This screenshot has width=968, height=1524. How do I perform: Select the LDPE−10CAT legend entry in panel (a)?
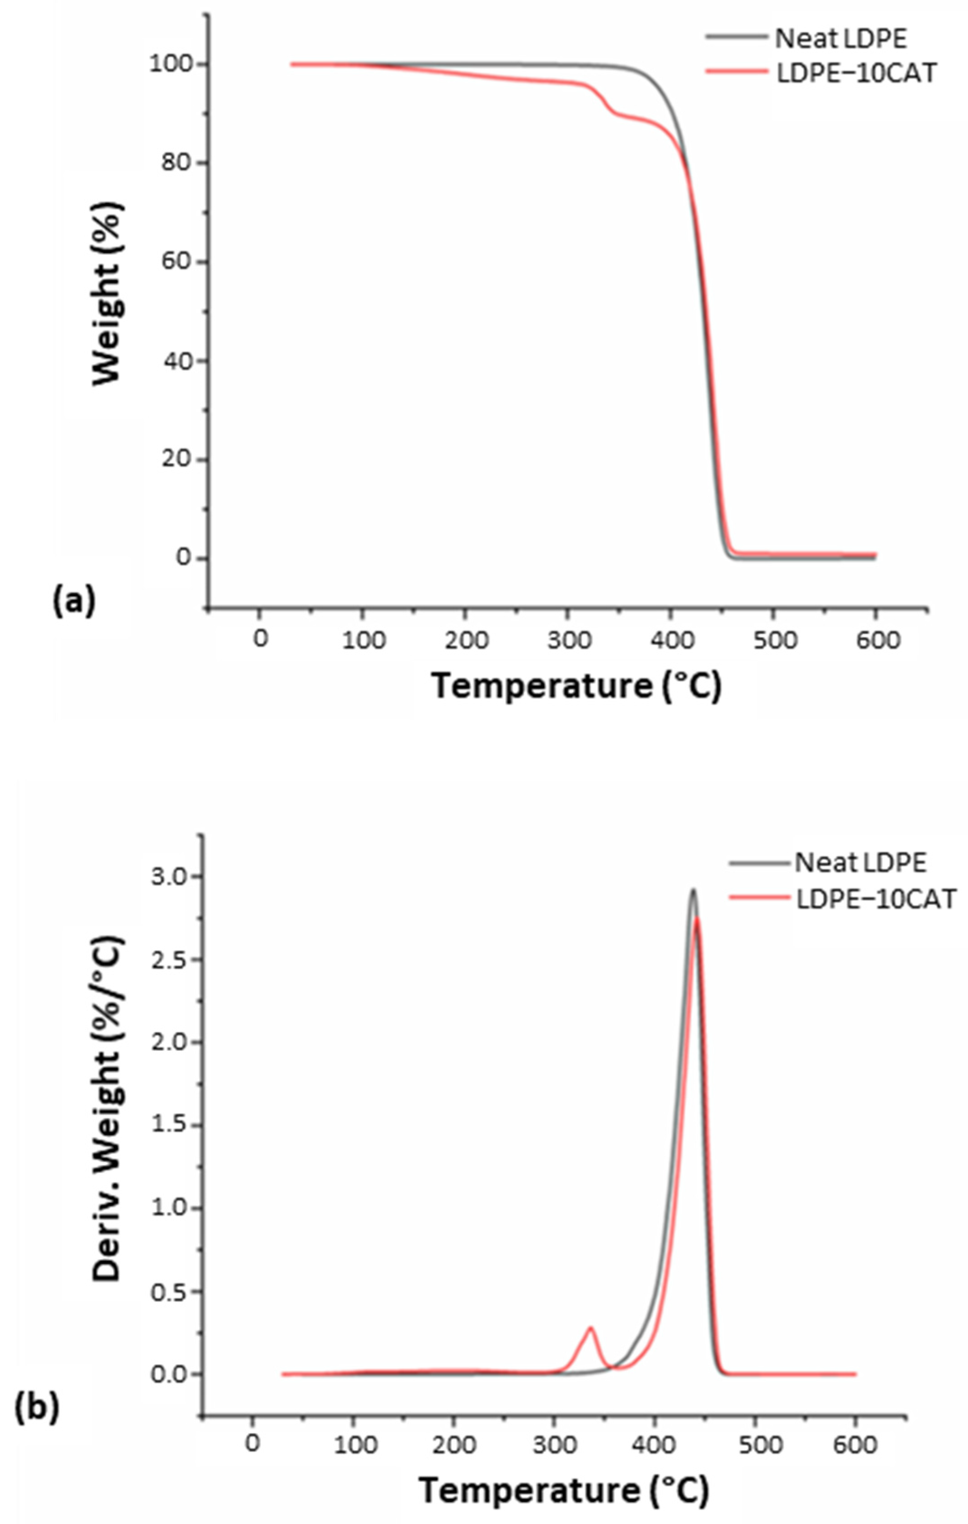click(x=855, y=73)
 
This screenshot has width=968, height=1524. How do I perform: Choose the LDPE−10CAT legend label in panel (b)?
click(x=876, y=899)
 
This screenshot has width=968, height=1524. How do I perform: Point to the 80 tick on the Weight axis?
click(x=175, y=163)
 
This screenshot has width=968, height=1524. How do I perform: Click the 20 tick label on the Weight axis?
click(x=175, y=460)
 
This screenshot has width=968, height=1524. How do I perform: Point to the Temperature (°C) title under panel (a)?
click(x=576, y=686)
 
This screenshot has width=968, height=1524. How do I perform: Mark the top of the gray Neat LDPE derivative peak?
click(x=693, y=891)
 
